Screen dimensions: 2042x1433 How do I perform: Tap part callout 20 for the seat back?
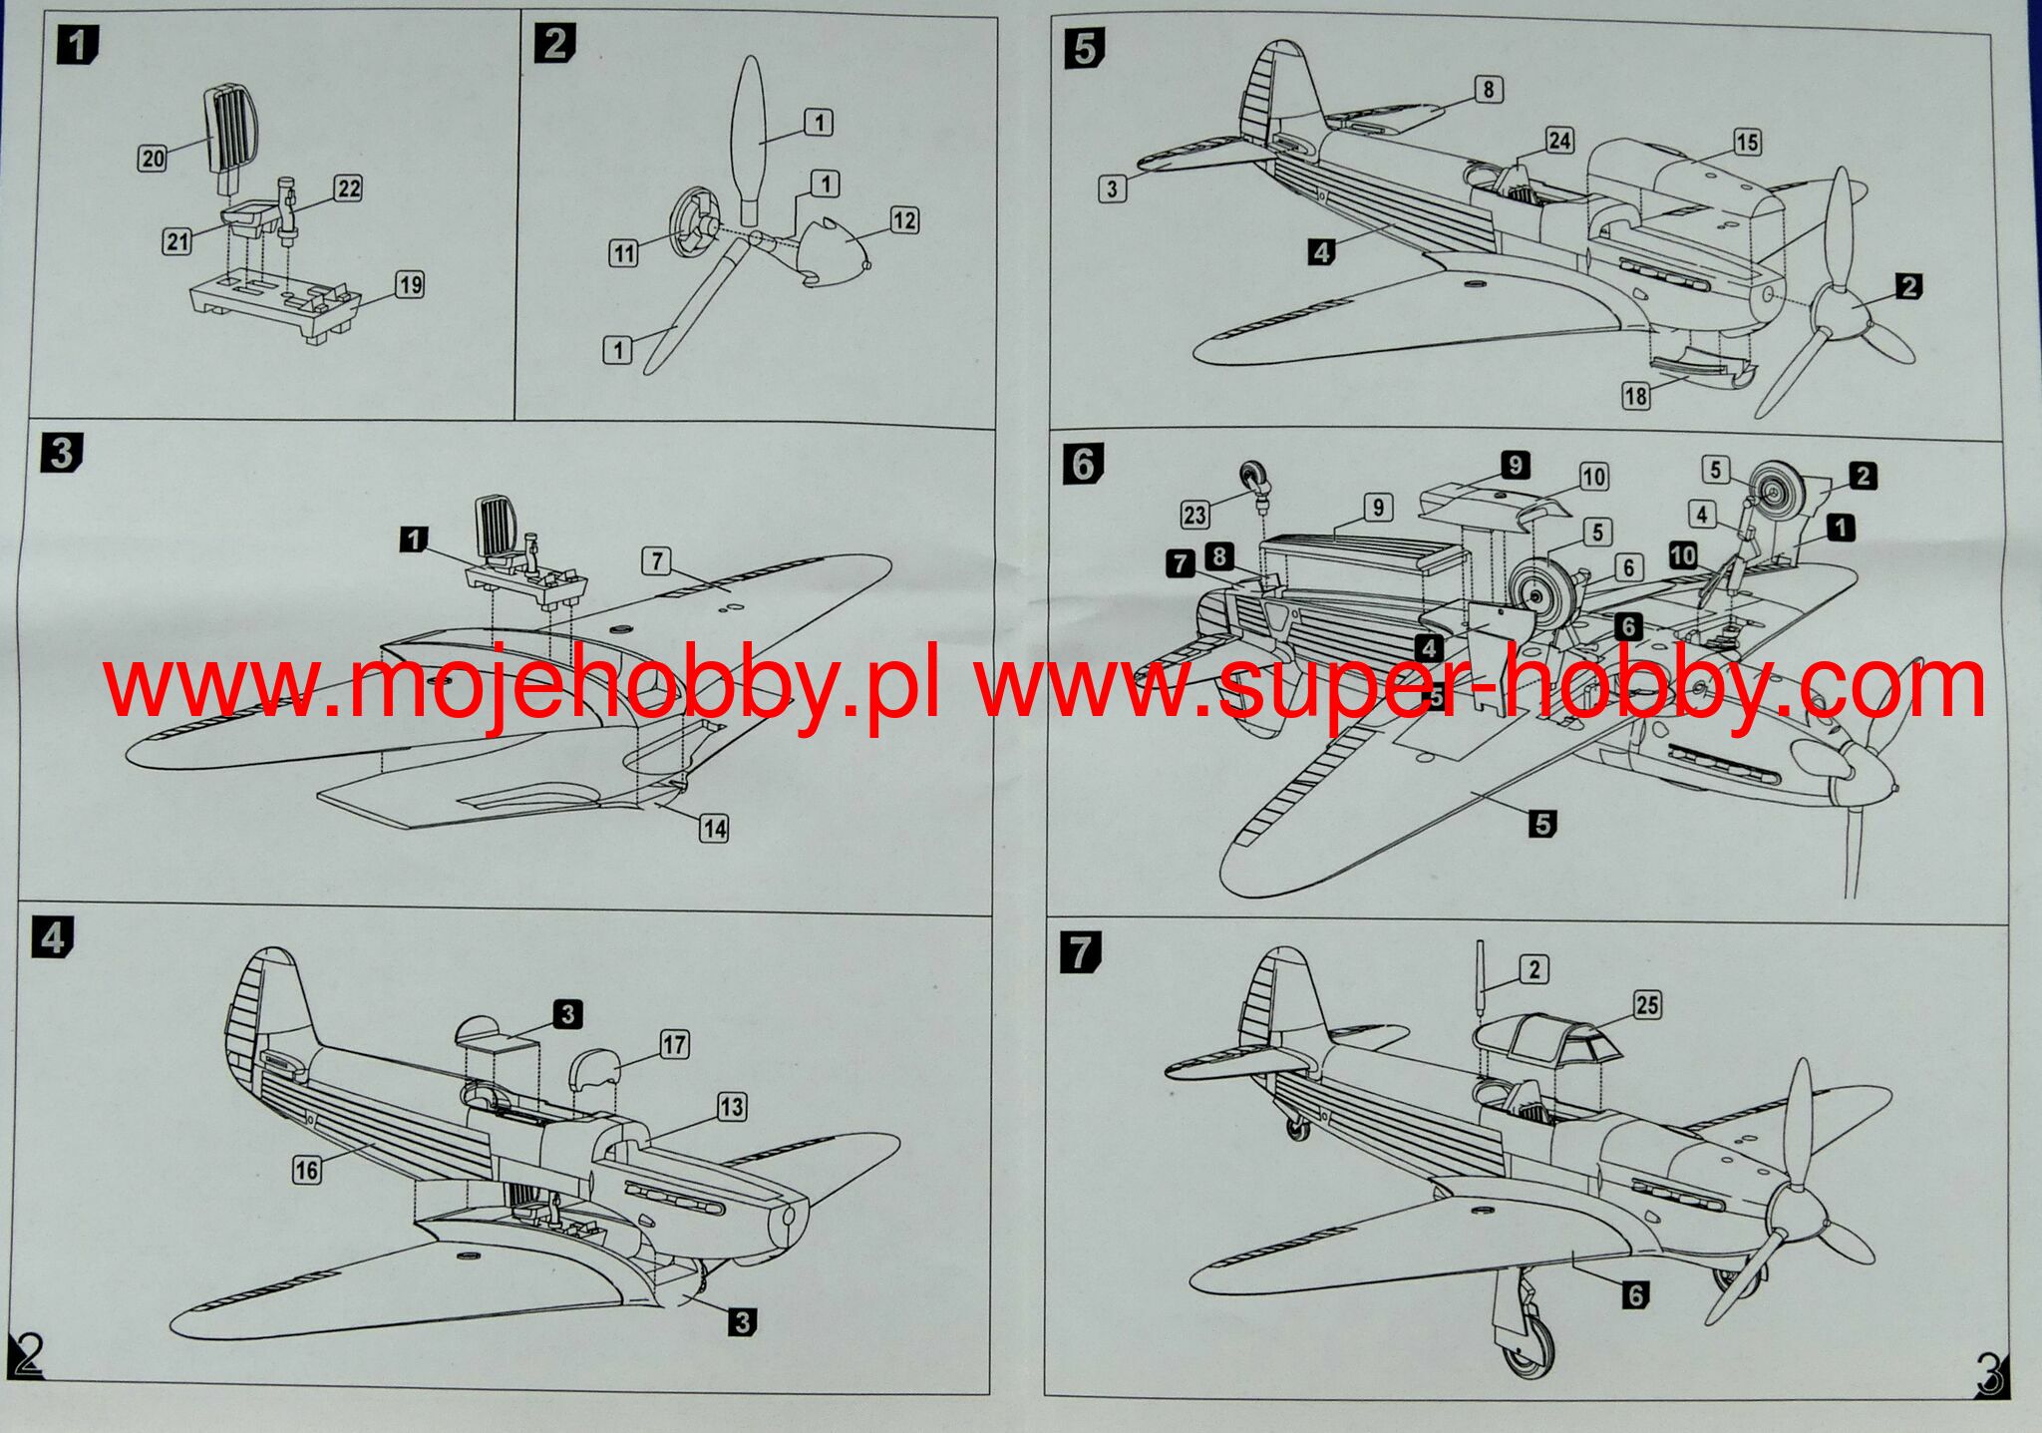tap(153, 158)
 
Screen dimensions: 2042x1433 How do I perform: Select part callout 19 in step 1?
tap(410, 285)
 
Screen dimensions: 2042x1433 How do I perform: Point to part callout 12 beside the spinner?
tap(903, 220)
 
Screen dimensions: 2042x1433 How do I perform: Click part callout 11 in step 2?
tap(623, 253)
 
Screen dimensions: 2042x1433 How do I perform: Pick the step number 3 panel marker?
tap(60, 453)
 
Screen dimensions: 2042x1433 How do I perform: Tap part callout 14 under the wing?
tap(714, 828)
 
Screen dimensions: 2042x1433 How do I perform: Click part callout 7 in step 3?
tap(656, 560)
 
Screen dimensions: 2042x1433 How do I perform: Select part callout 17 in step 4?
tap(674, 1044)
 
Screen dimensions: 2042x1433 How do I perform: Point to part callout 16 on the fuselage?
tap(306, 1170)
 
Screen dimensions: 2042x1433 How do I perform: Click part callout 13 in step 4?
tap(732, 1106)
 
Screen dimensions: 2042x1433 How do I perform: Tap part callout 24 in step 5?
tap(1559, 141)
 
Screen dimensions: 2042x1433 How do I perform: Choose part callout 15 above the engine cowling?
tap(1746, 142)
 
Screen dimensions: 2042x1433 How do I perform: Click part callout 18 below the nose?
tap(1635, 396)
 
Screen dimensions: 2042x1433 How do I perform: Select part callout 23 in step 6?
tap(1194, 515)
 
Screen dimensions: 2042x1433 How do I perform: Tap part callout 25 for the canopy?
tap(1647, 1005)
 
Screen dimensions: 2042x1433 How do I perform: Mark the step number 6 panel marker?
tap(1084, 464)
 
